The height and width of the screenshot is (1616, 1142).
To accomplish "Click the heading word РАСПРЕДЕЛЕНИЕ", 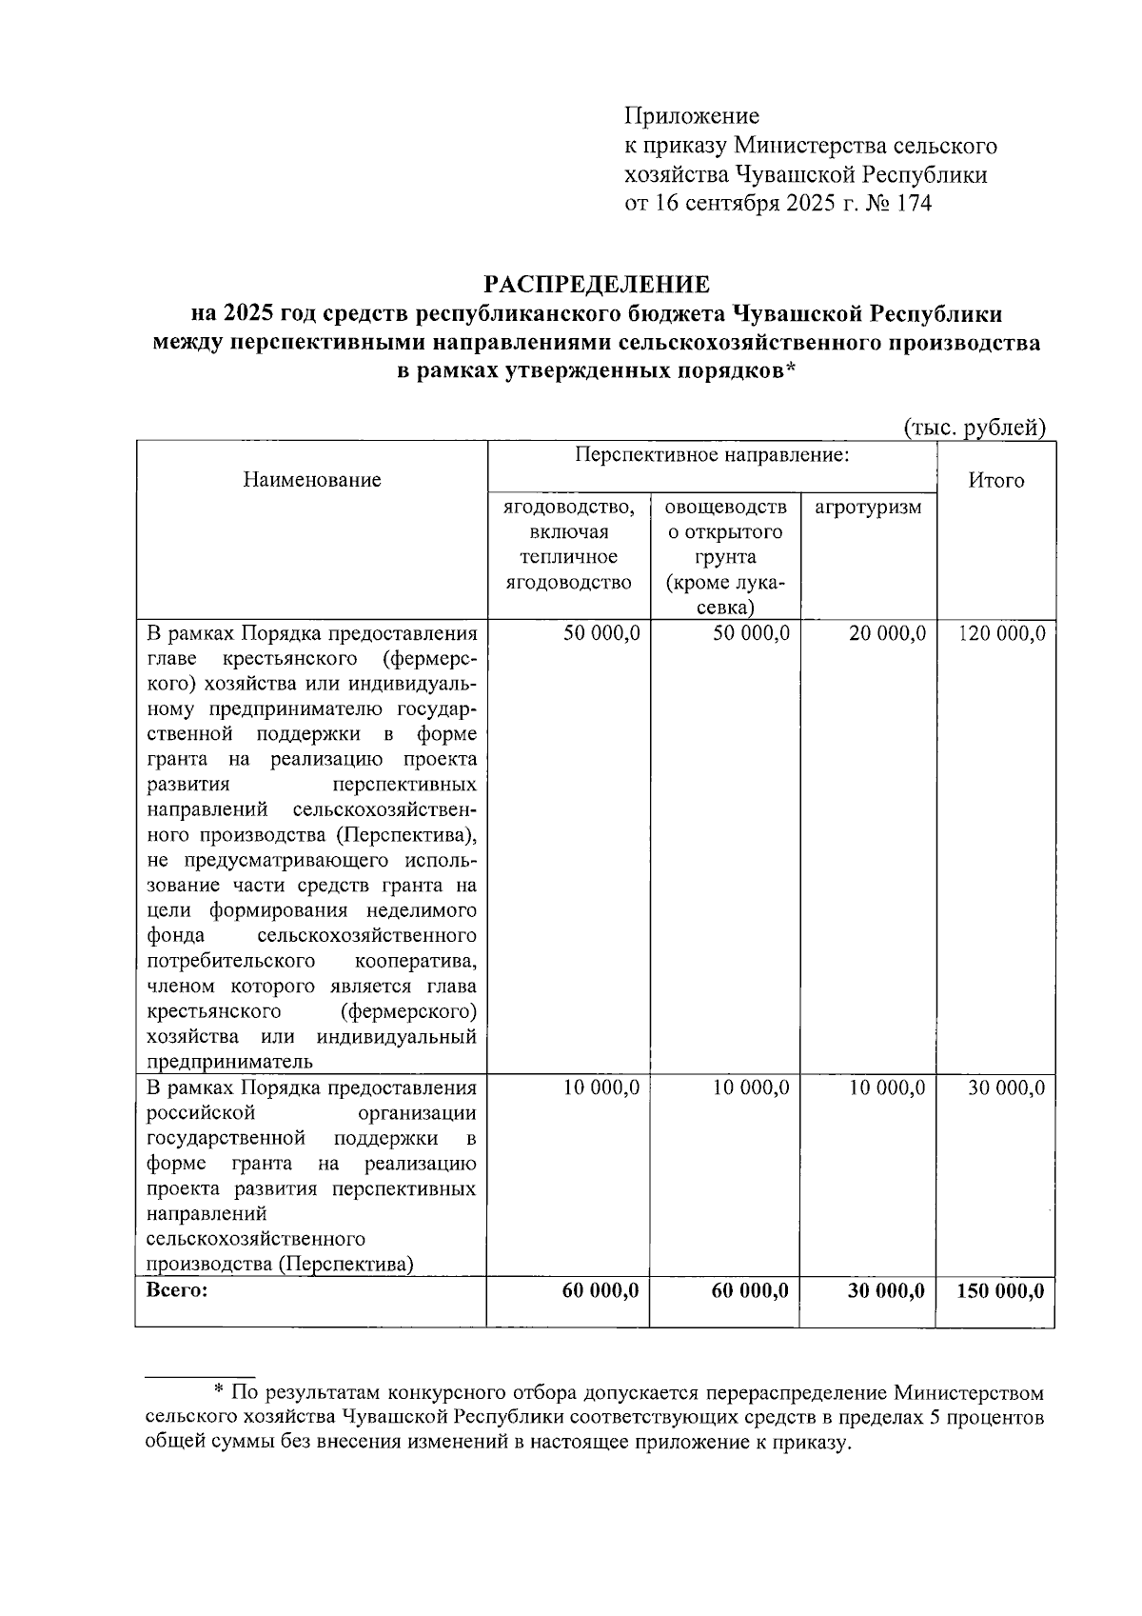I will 597,284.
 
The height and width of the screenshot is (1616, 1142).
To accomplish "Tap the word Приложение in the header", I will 692,116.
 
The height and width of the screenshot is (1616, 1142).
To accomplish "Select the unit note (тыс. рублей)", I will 975,428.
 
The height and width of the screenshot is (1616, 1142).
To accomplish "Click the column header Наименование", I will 312,480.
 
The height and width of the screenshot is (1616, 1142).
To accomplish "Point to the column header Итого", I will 995,480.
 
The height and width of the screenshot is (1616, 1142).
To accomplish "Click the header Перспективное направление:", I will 712,454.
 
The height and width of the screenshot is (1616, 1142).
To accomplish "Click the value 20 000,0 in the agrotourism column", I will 887,634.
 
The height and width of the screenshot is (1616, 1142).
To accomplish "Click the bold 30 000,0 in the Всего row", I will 886,1291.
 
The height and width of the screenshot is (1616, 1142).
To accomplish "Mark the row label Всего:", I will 177,1291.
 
